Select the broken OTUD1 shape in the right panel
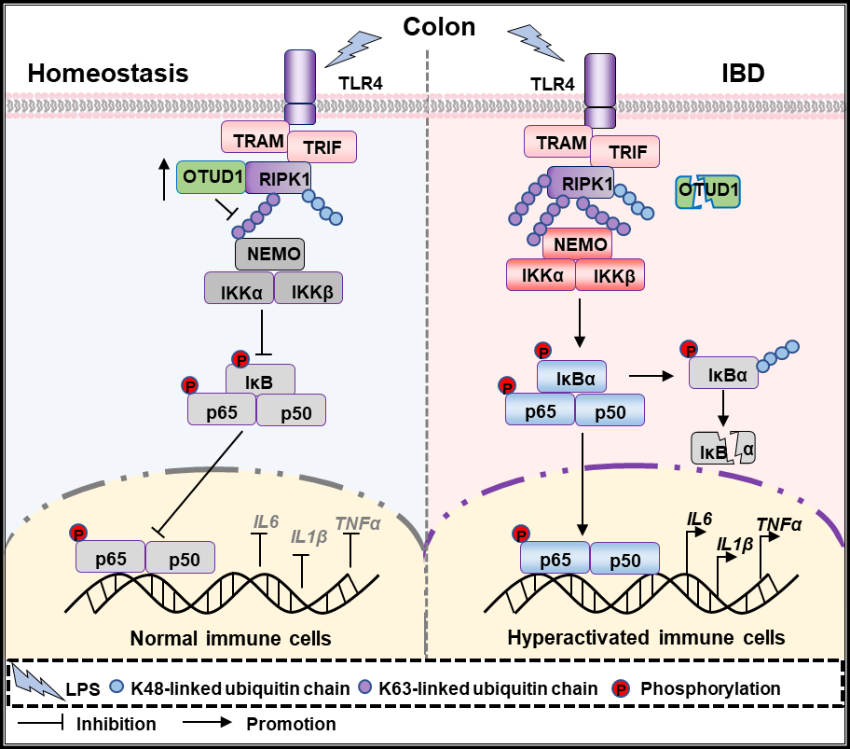(x=709, y=192)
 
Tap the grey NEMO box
(x=269, y=253)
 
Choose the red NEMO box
(x=577, y=244)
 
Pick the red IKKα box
(x=541, y=275)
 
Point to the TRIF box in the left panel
(x=322, y=146)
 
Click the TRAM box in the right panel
(x=559, y=142)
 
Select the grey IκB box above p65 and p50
(x=260, y=379)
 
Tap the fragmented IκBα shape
(x=722, y=448)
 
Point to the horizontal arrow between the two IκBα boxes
(x=651, y=376)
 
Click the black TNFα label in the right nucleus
(x=778, y=524)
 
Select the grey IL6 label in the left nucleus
(x=267, y=521)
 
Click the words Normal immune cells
(x=230, y=639)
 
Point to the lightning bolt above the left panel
(x=353, y=47)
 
